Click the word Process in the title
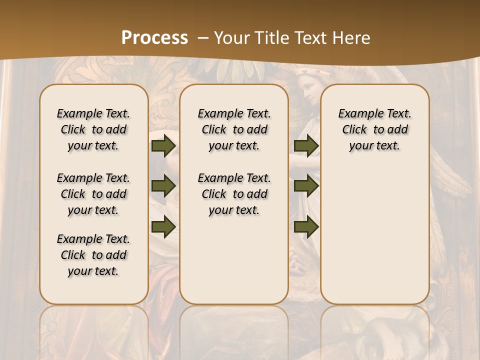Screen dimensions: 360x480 (154, 38)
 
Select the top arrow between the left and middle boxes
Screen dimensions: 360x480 (163, 146)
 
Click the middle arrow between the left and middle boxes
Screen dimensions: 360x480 (163, 186)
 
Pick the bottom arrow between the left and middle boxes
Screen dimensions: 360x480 (163, 226)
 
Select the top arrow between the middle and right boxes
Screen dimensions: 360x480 (306, 146)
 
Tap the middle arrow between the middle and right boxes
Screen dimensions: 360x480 (306, 186)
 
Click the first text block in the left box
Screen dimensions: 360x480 (93, 129)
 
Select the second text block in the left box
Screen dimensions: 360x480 (93, 194)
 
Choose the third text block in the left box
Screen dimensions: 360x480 (93, 255)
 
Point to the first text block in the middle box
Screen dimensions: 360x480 (234, 129)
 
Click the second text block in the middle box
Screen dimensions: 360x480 (234, 194)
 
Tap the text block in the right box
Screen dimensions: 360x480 (374, 129)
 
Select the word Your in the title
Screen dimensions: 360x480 (231, 38)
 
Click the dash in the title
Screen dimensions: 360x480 (203, 38)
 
